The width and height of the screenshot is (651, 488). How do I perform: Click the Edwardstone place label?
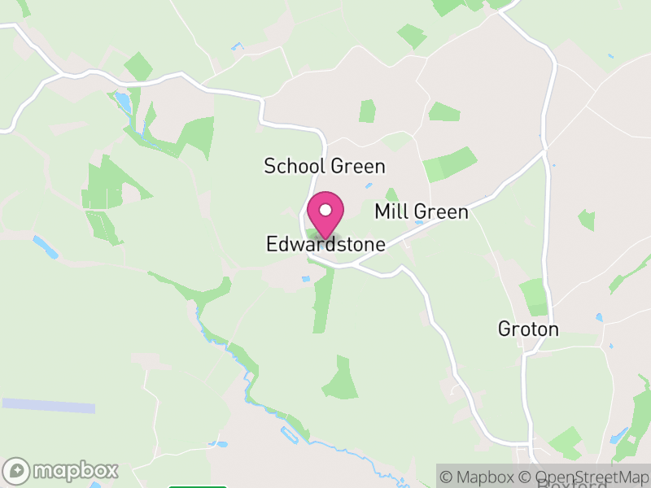325,244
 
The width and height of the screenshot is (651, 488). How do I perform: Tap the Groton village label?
529,329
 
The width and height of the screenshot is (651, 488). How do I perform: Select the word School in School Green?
295,166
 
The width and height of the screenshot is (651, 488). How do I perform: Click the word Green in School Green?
356,166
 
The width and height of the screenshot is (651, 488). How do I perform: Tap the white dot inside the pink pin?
325,208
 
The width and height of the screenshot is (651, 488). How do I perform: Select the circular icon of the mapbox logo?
19,470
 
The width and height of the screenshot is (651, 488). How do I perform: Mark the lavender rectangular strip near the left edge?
48,405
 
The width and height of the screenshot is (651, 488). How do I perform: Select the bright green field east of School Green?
449,164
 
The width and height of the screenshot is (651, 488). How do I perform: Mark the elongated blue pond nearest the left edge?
46,247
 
